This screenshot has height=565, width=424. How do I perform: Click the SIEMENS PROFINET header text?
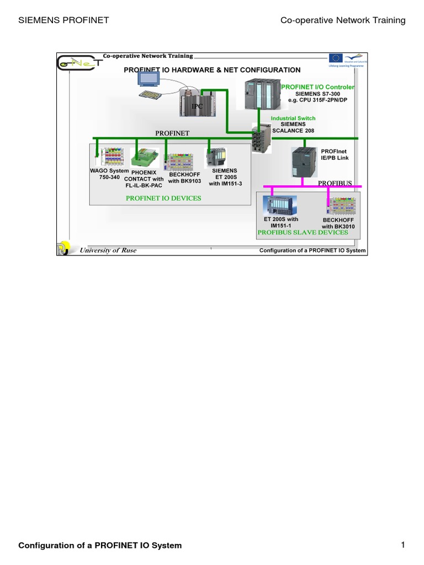click(63, 20)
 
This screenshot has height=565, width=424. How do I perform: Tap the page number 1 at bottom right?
click(403, 545)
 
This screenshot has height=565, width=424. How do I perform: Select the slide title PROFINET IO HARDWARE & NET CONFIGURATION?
click(212, 70)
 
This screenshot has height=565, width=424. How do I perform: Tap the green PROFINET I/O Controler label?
click(318, 87)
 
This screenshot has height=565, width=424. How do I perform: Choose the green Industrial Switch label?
click(293, 119)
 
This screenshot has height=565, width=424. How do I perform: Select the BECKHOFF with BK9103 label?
click(184, 177)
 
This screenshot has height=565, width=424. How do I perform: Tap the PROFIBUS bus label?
click(334, 182)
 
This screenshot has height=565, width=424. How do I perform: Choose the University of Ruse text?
click(108, 250)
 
